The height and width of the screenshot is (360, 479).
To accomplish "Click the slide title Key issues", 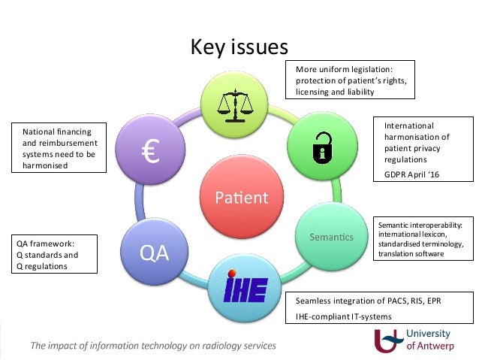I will pos(239,47).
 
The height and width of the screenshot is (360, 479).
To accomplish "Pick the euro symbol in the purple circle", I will pos(149,152).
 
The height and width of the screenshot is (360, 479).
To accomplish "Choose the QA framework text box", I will pos(56,255).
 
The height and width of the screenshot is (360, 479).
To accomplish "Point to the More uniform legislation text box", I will pos(350,80).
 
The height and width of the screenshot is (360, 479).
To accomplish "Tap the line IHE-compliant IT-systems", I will pos(344,316).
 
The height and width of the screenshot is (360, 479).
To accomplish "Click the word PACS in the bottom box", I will pos(387,301).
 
